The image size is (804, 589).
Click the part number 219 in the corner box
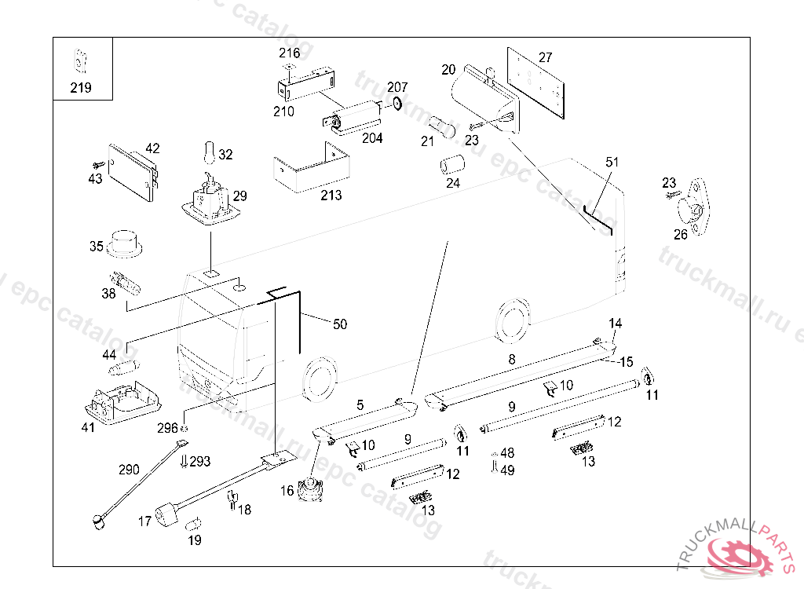(x=81, y=88)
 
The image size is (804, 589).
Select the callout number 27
(x=545, y=57)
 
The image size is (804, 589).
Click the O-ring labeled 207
(x=397, y=104)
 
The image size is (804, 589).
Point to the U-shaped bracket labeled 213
(x=309, y=170)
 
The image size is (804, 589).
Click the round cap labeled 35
(x=123, y=243)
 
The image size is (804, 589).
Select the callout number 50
(x=339, y=324)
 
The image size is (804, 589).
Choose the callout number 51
(x=612, y=163)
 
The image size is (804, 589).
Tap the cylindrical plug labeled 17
(x=167, y=516)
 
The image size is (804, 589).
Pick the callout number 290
(x=129, y=470)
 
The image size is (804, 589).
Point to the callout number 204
(x=372, y=138)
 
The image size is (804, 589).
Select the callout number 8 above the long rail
(x=512, y=360)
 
